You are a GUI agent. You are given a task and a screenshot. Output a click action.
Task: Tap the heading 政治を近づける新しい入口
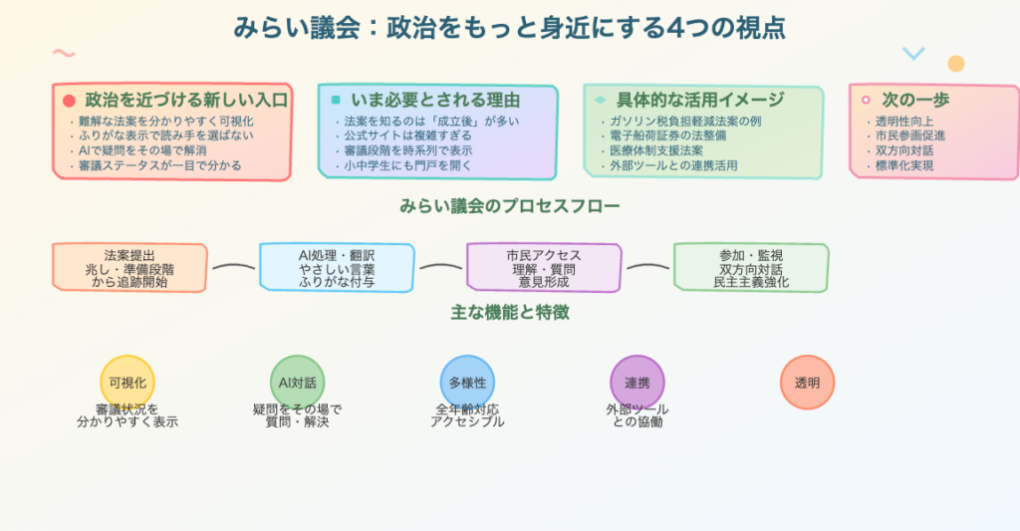(x=186, y=100)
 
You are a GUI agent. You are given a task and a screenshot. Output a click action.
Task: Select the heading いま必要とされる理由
(x=435, y=100)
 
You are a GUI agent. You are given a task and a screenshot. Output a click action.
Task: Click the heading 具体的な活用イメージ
(x=700, y=100)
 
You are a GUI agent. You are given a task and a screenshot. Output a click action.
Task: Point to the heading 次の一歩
(x=915, y=100)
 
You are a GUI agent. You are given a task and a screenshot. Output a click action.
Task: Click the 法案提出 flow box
(x=129, y=268)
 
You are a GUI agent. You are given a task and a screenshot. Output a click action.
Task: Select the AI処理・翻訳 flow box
(x=337, y=268)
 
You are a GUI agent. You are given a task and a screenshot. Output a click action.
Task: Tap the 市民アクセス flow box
(x=544, y=268)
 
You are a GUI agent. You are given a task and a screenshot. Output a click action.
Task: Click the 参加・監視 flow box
(x=751, y=268)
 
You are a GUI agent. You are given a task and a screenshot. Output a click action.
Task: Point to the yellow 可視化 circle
(x=127, y=383)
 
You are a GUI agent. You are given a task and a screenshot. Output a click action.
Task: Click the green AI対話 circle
(x=298, y=383)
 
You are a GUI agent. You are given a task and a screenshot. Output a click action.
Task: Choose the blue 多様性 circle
(x=467, y=383)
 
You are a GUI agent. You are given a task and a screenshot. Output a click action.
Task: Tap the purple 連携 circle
(x=637, y=383)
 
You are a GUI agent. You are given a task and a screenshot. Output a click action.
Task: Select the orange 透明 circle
(x=807, y=383)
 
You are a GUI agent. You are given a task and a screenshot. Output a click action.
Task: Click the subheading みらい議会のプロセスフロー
(x=509, y=207)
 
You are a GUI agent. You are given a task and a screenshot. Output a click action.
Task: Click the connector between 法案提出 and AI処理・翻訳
(x=234, y=267)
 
